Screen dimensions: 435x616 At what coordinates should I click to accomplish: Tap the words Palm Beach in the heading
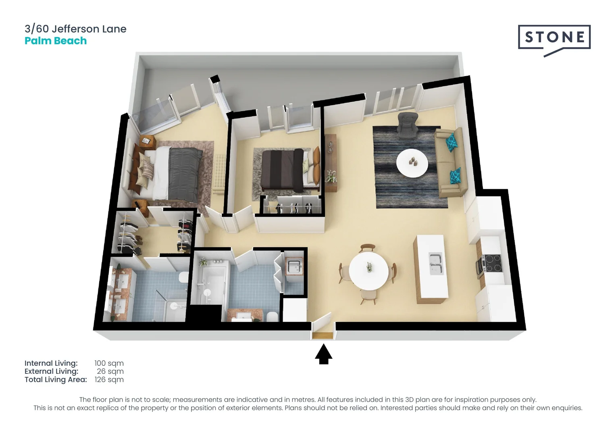(x=56, y=41)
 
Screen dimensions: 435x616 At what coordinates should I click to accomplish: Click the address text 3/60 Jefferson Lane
(x=75, y=29)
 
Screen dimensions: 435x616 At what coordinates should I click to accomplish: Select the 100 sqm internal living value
(x=109, y=363)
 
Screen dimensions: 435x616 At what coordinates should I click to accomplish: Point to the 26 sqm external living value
(x=110, y=371)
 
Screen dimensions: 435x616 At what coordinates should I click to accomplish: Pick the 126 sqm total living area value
(x=109, y=379)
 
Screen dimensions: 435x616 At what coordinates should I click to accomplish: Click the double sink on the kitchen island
(x=436, y=264)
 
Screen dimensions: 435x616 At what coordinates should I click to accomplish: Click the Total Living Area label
(x=56, y=379)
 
